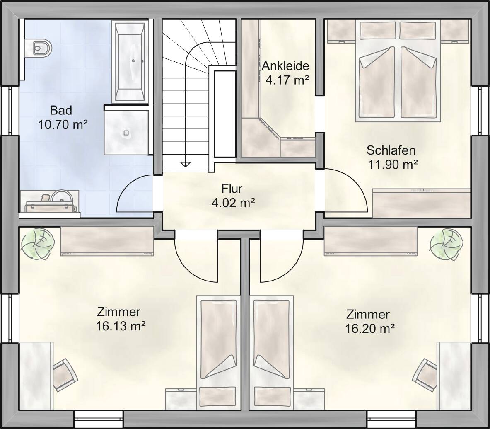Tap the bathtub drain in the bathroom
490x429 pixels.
click(x=133, y=61)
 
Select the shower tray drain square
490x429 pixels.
click(x=126, y=133)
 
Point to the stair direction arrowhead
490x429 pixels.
click(x=185, y=164)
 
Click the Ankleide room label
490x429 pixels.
click(x=285, y=66)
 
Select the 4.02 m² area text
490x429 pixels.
click(x=233, y=203)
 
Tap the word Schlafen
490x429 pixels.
click(x=391, y=150)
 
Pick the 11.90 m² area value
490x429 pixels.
click(x=393, y=165)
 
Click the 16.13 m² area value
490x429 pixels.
click(x=120, y=326)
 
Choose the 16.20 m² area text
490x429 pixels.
click(x=370, y=329)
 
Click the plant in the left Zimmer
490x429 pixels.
click(x=38, y=244)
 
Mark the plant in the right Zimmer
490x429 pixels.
click(x=447, y=245)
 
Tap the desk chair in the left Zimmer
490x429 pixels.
click(x=65, y=375)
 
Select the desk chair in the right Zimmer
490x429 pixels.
click(x=425, y=375)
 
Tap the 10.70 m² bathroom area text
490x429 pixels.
click(x=63, y=125)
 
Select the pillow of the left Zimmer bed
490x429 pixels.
click(x=217, y=397)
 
